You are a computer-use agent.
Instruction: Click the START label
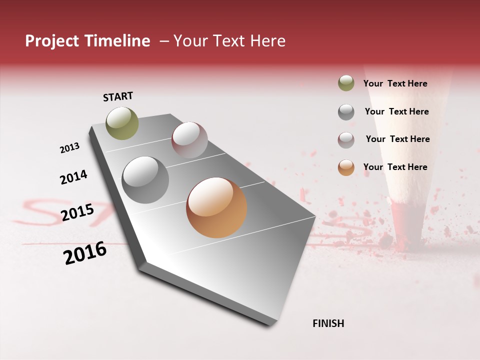tap(118, 96)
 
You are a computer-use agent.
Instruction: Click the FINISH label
tap(328, 323)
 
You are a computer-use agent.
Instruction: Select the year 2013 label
tap(69, 148)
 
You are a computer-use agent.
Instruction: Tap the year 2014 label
tap(73, 177)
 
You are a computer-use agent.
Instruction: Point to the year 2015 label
tap(77, 212)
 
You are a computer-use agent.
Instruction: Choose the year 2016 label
tap(85, 252)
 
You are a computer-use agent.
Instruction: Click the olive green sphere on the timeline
tap(122, 123)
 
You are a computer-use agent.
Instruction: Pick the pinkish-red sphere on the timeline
tap(189, 140)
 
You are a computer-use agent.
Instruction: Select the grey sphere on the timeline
tap(145, 180)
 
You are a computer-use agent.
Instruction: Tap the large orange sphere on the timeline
tap(216, 207)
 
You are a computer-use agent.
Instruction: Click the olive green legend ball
tap(346, 83)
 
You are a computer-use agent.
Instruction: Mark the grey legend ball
tap(346, 112)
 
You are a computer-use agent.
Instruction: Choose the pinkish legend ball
tap(346, 140)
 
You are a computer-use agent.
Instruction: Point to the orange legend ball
tap(346, 167)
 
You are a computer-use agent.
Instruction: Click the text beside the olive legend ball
tap(395, 83)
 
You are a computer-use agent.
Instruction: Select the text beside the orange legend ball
tap(395, 167)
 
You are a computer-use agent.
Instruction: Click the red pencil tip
tap(403, 225)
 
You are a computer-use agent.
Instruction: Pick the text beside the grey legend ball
tap(396, 111)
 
